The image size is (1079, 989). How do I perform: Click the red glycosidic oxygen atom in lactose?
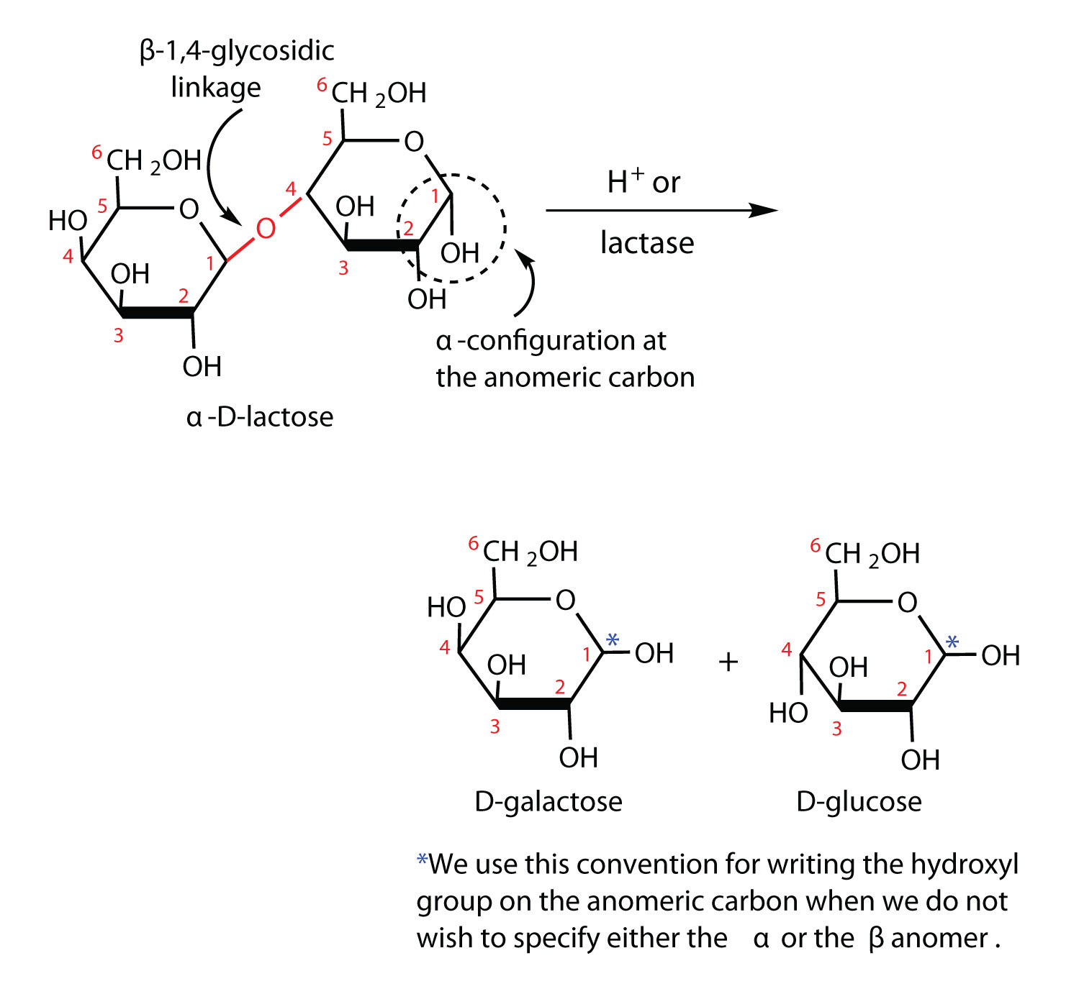click(266, 229)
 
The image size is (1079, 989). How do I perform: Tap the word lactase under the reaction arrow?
click(647, 243)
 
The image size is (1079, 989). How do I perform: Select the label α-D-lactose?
click(260, 416)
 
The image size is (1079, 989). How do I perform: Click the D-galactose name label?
click(548, 801)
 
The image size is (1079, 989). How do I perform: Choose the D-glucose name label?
click(859, 801)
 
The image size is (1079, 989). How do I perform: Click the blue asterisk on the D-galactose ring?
click(613, 639)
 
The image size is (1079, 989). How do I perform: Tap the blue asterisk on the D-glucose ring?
click(952, 642)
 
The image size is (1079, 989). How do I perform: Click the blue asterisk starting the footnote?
click(422, 861)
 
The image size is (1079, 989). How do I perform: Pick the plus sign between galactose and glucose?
click(728, 661)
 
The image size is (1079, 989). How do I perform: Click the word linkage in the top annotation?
click(216, 88)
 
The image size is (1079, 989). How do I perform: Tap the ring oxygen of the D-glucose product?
click(908, 603)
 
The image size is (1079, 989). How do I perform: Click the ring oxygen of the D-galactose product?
click(566, 600)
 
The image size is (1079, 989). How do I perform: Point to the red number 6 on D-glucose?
click(815, 546)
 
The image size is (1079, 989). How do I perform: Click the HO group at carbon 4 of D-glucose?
click(788, 713)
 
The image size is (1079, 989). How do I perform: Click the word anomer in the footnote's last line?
click(939, 938)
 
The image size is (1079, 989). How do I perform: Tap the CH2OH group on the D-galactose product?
click(531, 552)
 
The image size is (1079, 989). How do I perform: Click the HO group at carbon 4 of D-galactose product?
click(446, 607)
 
